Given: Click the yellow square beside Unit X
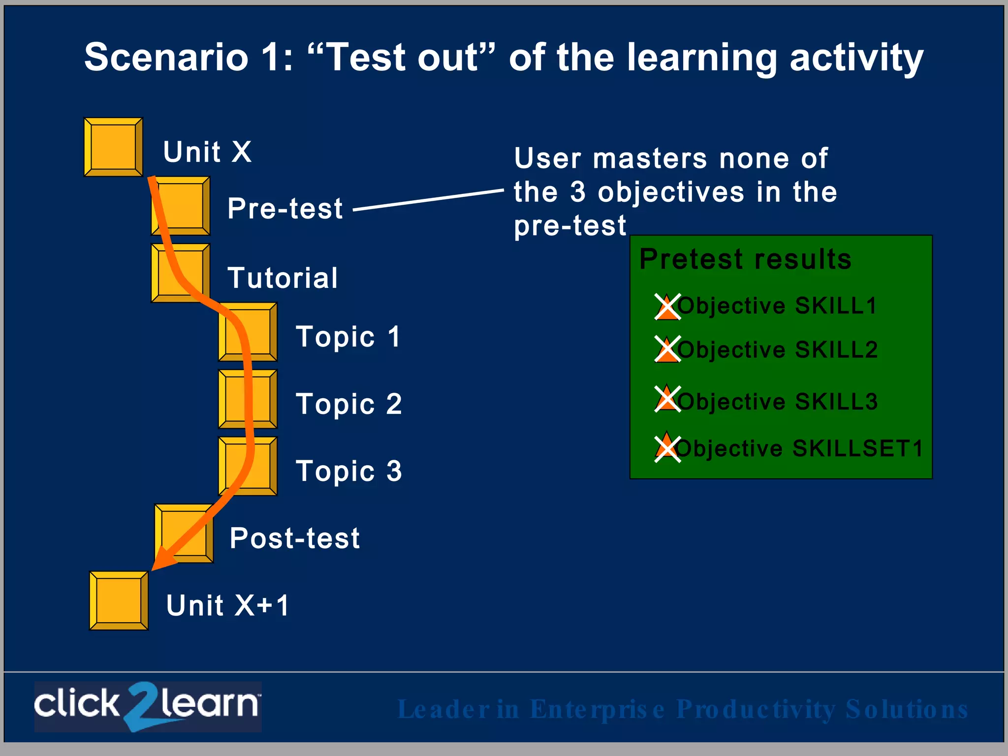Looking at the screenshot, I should click(113, 147).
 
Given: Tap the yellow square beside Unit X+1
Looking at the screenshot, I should click(119, 600).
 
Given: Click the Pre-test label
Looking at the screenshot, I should click(285, 208).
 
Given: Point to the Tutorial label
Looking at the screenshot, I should click(283, 278).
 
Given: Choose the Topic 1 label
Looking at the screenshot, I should click(348, 337).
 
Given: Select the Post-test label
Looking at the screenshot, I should click(295, 538).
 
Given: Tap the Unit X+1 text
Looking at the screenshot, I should click(228, 605).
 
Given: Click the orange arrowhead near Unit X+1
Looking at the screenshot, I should click(162, 559).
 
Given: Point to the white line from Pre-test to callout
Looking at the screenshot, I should click(428, 200).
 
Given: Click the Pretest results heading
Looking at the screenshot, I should click(745, 259).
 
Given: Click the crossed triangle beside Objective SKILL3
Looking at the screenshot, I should click(667, 399).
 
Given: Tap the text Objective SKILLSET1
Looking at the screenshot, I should click(798, 448).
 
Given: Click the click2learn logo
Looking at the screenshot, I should click(148, 706).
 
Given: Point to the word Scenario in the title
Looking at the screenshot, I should click(166, 58).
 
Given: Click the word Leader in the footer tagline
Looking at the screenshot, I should click(443, 709).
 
